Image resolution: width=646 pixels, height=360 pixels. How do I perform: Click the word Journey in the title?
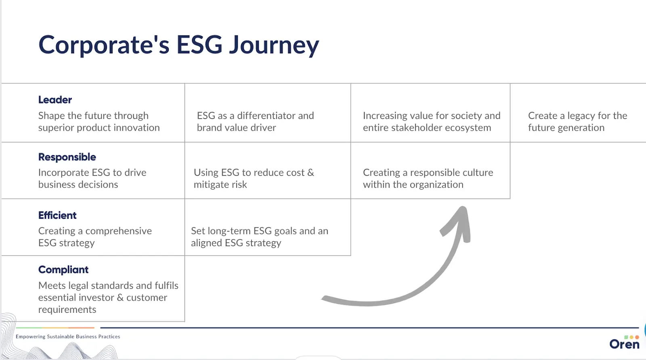tap(274, 45)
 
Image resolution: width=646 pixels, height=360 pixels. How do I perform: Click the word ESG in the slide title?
tap(199, 45)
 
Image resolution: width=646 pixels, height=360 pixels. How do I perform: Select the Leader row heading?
tap(55, 100)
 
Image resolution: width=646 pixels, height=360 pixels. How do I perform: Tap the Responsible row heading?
tap(67, 157)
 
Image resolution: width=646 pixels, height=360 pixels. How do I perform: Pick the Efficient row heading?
tap(57, 216)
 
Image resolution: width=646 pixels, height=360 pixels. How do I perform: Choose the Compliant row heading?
tap(63, 270)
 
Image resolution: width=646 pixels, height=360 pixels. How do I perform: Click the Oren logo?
tap(625, 343)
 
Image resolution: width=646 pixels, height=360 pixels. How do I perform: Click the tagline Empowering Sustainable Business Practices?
tap(68, 337)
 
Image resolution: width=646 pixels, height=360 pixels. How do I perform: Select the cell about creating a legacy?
tap(577, 121)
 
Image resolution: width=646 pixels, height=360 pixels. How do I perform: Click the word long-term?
tap(229, 231)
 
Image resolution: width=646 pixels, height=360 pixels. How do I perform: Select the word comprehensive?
tap(118, 231)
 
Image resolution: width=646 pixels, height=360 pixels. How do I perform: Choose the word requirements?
tap(67, 310)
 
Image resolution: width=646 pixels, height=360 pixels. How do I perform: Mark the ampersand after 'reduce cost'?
tap(310, 173)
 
